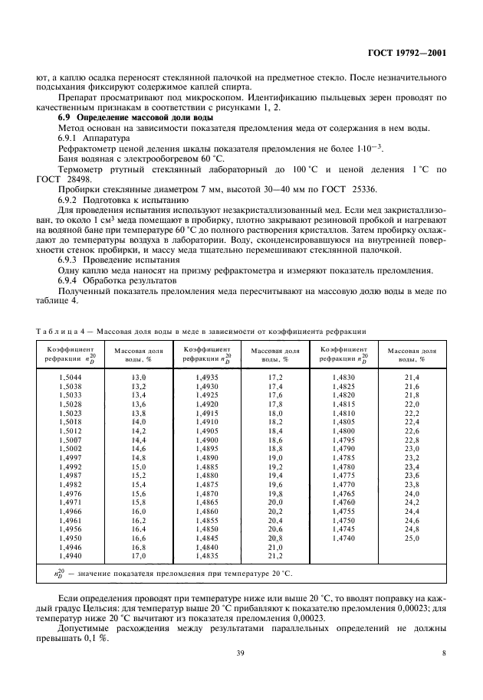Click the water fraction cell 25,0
(412, 539)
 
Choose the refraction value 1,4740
(343, 539)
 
